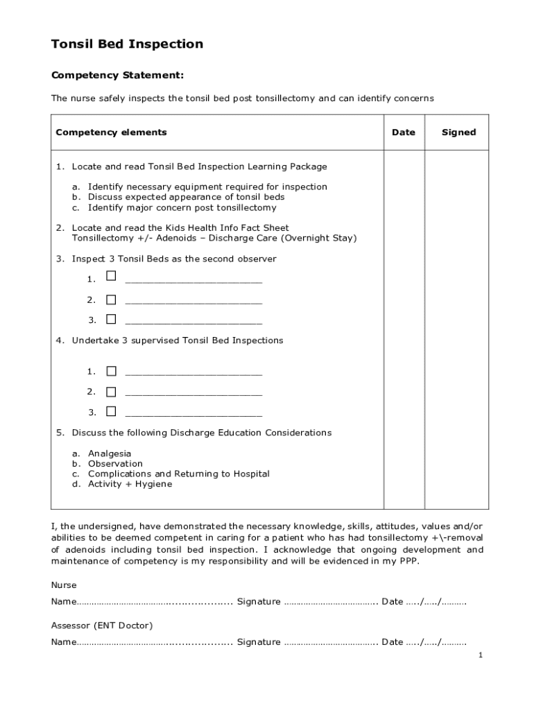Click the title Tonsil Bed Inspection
tap(127, 44)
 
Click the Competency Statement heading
tap(117, 75)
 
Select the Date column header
tap(403, 132)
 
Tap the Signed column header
tap(458, 132)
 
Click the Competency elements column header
tap(111, 132)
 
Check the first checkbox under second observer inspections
tap(111, 276)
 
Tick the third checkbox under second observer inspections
tap(111, 319)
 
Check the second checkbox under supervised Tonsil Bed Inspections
tap(111, 391)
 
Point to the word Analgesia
tap(109, 453)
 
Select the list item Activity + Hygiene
tap(130, 484)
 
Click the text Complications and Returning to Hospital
tap(178, 474)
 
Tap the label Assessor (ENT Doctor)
tap(102, 625)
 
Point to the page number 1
tap(480, 655)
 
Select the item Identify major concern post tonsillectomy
tap(182, 207)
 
